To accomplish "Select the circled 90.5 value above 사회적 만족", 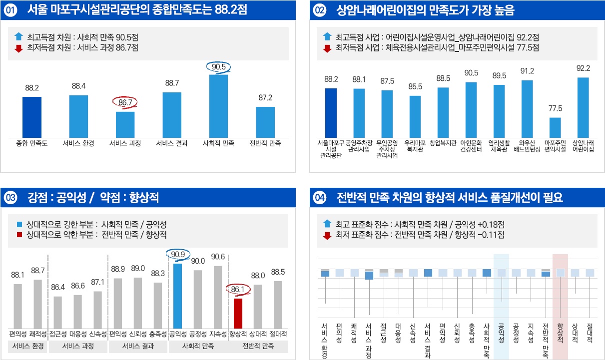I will tap(219, 66).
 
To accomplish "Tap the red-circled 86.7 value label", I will tap(125, 103).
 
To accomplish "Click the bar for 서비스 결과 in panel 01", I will tap(172, 114).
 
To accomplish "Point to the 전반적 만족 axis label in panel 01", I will tap(265, 143).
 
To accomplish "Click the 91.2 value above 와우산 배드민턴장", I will tap(527, 71).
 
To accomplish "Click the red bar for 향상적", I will tap(238, 313).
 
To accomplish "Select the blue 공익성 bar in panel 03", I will tap(177, 295).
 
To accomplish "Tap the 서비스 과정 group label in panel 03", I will tap(77, 346).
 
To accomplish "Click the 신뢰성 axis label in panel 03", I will tap(137, 334).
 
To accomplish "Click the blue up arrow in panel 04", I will tap(327, 224).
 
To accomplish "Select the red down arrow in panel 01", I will tap(19, 48).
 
